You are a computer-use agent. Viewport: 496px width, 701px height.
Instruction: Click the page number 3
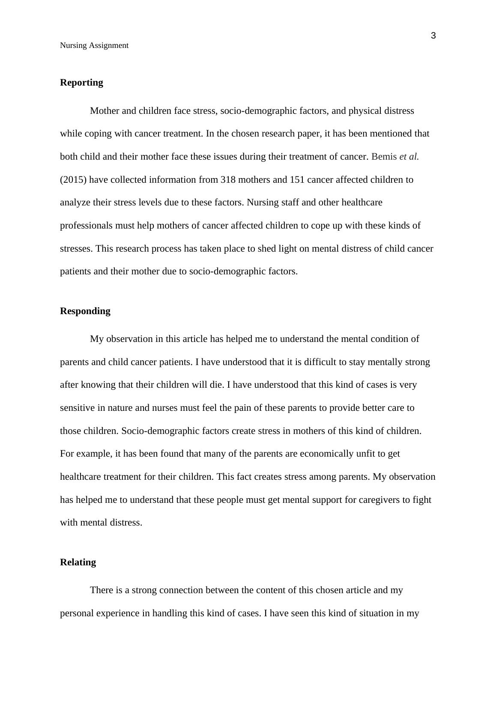coord(433,36)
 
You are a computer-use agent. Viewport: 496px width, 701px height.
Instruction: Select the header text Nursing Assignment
coord(94,45)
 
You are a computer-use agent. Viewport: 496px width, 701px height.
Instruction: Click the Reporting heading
coord(81,83)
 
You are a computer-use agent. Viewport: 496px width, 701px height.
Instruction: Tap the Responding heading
coord(85,311)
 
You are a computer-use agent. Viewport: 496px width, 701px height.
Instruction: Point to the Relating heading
coord(78,562)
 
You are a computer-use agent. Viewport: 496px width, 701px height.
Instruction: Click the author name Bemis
coord(384,157)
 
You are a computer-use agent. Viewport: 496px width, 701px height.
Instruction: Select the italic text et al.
coord(409,157)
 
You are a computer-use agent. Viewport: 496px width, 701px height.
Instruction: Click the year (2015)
coord(73,180)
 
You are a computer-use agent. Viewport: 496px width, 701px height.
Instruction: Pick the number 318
coord(228,180)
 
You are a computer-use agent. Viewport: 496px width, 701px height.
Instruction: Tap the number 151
coord(297,180)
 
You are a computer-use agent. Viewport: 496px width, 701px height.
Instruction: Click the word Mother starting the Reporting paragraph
coord(105,111)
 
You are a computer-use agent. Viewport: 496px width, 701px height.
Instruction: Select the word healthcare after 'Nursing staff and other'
coord(362,202)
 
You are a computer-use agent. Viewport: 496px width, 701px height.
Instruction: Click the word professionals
coord(86,226)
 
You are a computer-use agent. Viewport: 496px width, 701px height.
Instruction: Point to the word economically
coord(327,454)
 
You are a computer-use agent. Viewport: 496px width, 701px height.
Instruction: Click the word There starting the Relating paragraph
coord(102,591)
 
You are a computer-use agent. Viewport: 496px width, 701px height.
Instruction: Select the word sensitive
coord(77,408)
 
